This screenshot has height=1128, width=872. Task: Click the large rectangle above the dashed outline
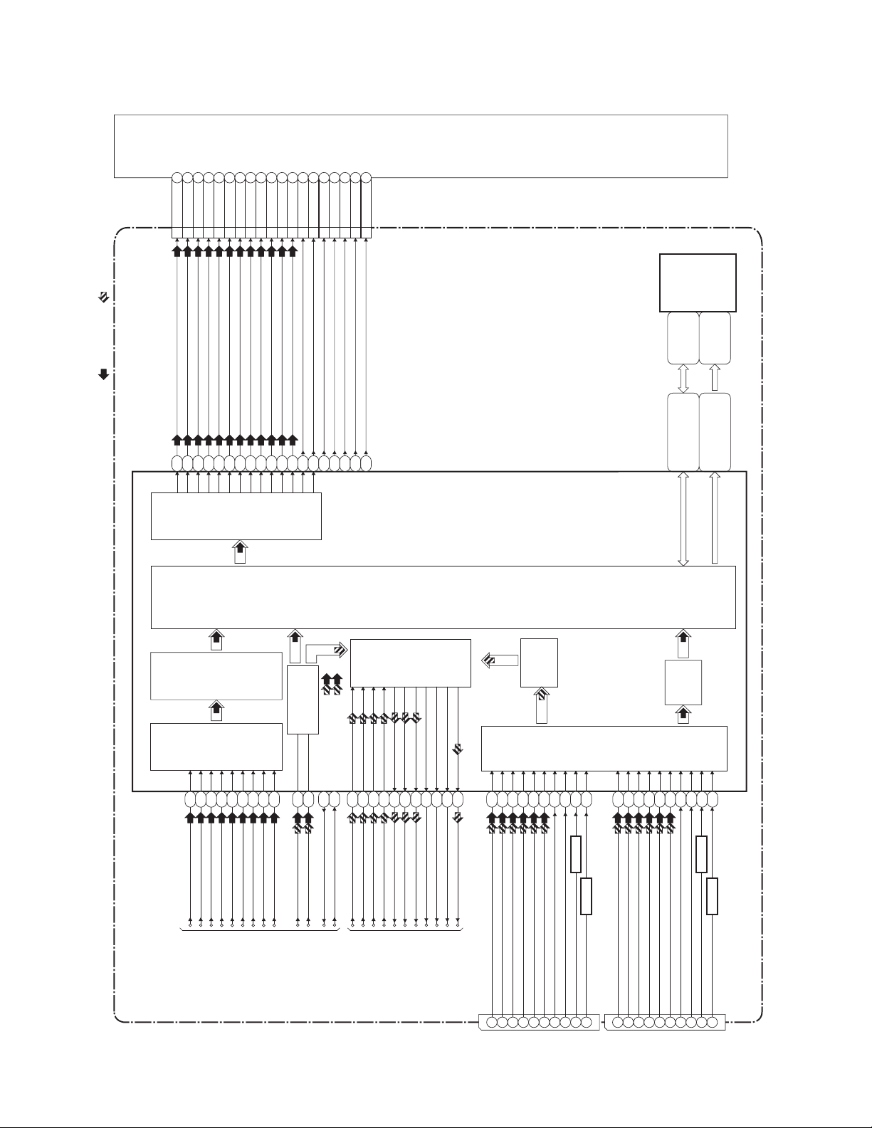(x=421, y=145)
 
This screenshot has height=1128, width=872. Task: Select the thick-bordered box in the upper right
(x=698, y=282)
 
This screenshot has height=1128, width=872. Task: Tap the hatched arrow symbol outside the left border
(x=103, y=298)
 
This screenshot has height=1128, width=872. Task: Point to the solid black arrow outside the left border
(x=103, y=374)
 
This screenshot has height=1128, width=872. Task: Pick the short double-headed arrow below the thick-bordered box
(x=683, y=378)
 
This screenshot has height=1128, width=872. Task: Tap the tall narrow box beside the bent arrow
(x=302, y=700)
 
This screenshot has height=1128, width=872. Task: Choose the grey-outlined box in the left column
(x=216, y=675)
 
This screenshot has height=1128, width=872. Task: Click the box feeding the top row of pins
(x=236, y=516)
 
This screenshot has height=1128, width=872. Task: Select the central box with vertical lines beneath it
(x=411, y=663)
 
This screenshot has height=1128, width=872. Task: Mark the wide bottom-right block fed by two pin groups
(x=604, y=748)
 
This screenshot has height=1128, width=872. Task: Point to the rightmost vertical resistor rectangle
(x=712, y=896)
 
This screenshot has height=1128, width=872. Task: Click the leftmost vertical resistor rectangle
(x=576, y=854)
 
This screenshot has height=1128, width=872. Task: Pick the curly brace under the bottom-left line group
(x=260, y=930)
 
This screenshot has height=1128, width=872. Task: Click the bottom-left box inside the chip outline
(x=216, y=747)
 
